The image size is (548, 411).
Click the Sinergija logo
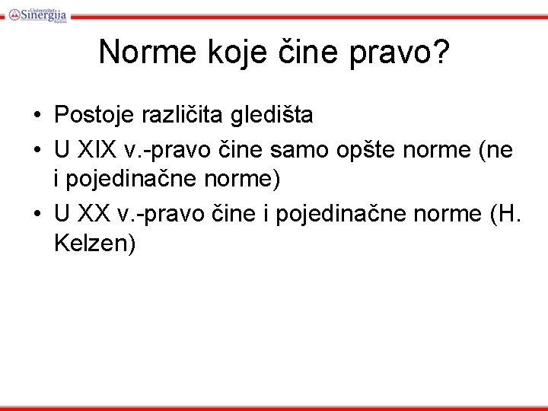(x=37, y=13)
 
